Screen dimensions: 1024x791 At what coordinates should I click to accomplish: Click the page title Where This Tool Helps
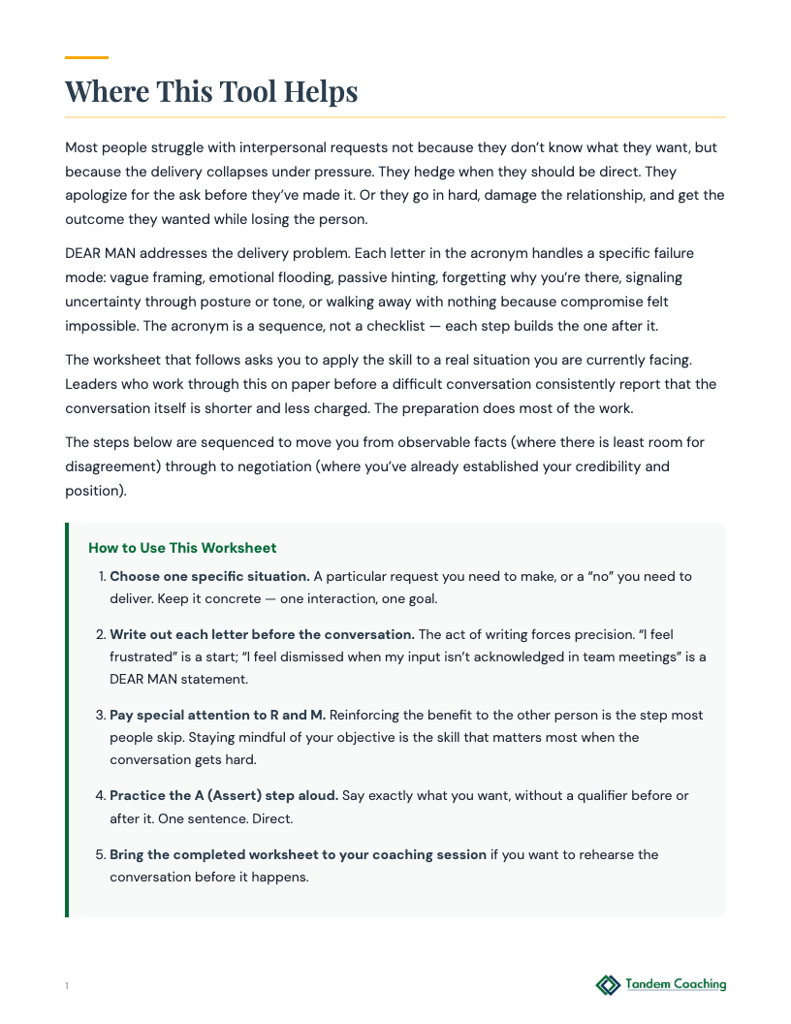pos(211,91)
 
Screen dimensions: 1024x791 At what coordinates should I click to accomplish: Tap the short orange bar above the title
pos(86,58)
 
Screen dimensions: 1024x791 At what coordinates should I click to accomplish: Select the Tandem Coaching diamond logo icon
pos(608,985)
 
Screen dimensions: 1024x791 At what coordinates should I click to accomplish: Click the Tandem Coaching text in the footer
pos(676,984)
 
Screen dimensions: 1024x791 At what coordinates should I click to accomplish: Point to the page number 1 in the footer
pos(67,986)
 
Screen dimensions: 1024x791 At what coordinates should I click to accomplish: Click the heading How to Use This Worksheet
pos(182,548)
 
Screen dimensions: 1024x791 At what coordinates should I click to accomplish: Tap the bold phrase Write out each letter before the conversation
pos(262,635)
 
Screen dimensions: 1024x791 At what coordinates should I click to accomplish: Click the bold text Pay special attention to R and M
pos(218,715)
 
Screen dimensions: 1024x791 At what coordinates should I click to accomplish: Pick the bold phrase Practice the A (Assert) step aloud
pos(224,795)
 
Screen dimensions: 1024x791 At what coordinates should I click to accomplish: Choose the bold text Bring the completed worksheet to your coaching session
pos(298,854)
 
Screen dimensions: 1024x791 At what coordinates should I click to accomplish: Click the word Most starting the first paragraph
pos(82,148)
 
